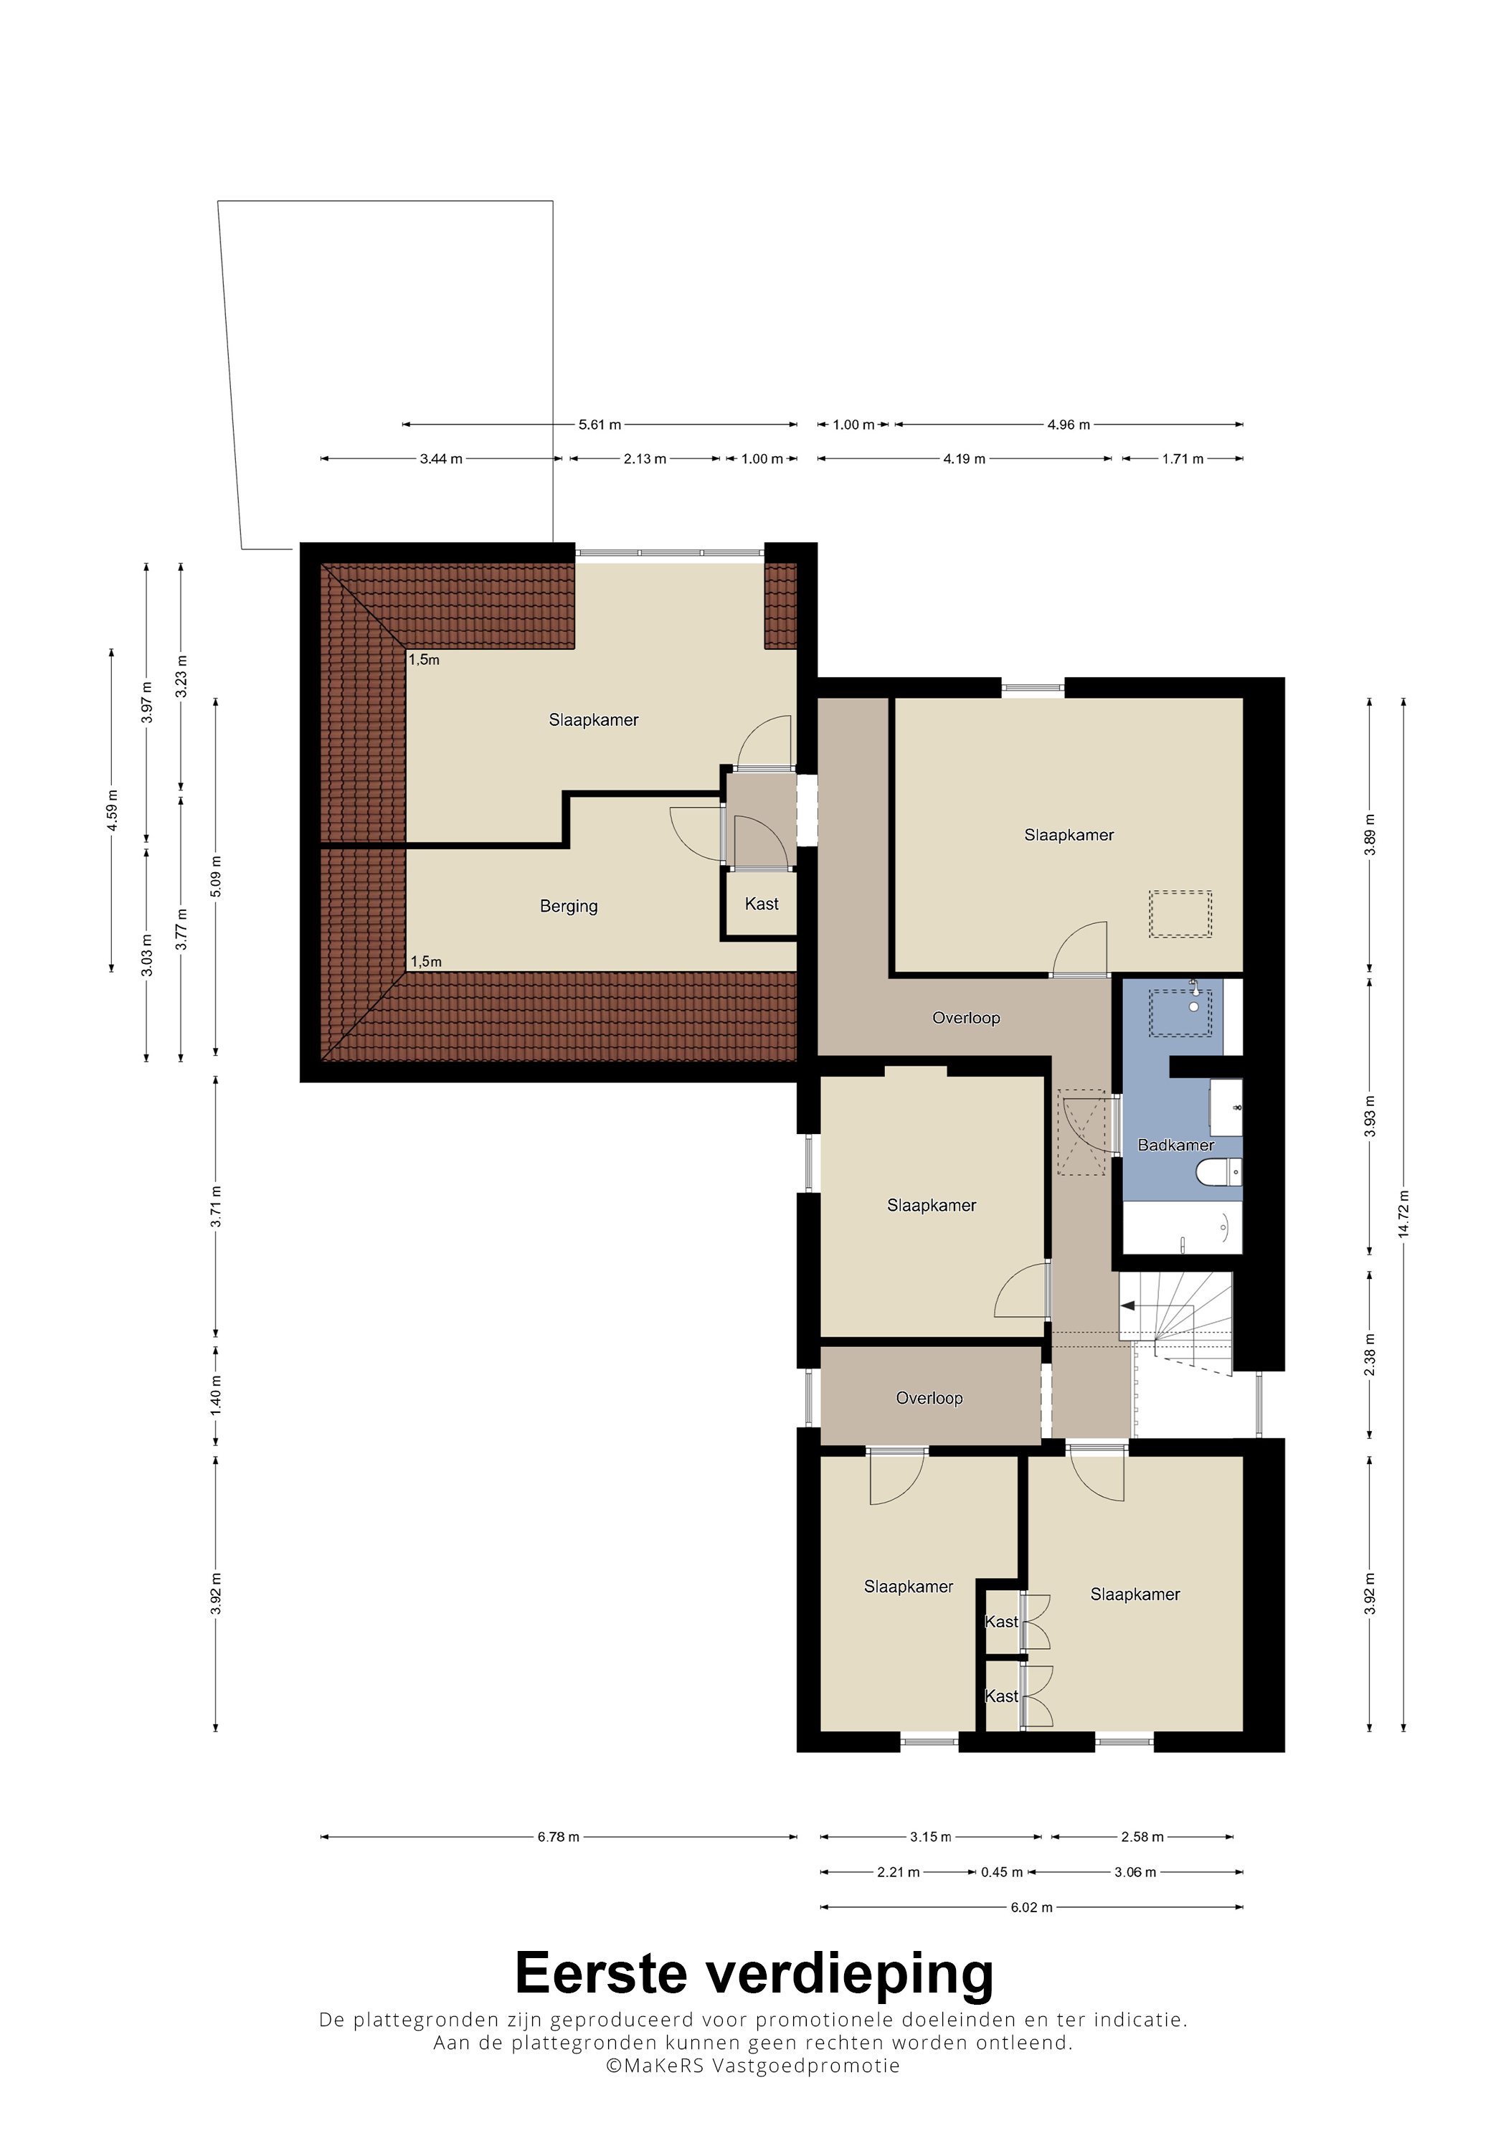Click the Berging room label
click(x=569, y=906)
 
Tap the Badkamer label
click(x=1175, y=1145)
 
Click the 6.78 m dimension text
click(x=559, y=1837)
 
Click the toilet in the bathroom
click(x=1218, y=1172)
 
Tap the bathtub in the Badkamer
click(x=1182, y=1228)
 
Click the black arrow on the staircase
click(x=1128, y=1306)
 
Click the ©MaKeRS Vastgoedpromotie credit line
click(x=752, y=2066)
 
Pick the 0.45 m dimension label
click(x=1001, y=1872)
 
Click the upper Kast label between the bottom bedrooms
click(x=1001, y=1622)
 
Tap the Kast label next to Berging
click(x=762, y=904)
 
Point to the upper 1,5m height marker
click(x=424, y=660)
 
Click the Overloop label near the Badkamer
click(x=966, y=1019)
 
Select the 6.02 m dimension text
click(x=1032, y=1907)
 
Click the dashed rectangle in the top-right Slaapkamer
click(x=1180, y=915)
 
